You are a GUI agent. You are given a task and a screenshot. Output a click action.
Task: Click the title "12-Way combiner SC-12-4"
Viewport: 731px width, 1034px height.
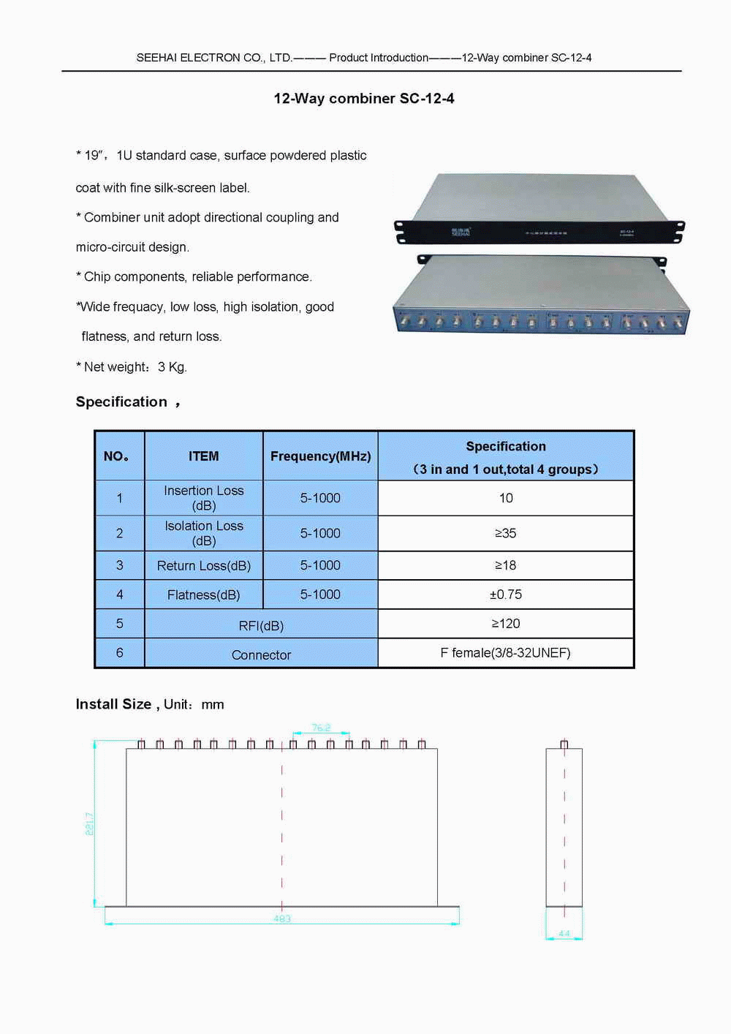[x=364, y=99]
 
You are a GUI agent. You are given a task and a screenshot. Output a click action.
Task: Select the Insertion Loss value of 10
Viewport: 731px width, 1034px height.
[x=506, y=498]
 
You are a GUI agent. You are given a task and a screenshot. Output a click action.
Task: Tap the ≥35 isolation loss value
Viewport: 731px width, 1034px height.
[x=506, y=533]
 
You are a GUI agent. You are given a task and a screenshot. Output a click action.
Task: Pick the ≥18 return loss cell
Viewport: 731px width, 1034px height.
[x=506, y=565]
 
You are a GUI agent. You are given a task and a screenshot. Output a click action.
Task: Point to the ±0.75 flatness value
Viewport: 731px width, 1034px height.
[x=506, y=595]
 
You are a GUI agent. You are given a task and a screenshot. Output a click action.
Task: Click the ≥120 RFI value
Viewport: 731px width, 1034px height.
[x=506, y=624]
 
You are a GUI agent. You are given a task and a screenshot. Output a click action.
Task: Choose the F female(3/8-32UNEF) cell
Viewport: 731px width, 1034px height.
[x=506, y=653]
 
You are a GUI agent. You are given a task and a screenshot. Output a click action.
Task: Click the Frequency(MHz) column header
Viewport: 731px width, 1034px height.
[x=320, y=456]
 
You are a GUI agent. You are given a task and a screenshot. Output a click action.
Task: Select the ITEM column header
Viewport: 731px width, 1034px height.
[x=203, y=456]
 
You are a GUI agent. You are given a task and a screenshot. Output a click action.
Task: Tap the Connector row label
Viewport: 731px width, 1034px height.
[x=261, y=655]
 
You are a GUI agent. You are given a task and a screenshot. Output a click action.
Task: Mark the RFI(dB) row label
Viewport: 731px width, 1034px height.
[x=261, y=626]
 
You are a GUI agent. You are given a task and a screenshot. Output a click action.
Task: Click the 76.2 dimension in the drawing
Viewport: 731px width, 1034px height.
[x=321, y=728]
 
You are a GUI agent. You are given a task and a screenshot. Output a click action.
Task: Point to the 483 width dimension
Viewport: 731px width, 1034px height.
[x=282, y=919]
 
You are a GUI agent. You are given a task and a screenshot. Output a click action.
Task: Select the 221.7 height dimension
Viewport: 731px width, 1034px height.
[x=90, y=823]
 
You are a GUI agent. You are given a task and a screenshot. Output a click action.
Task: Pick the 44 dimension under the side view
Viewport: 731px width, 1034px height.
[x=564, y=934]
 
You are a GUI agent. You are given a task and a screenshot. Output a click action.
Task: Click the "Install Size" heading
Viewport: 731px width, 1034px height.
[x=113, y=704]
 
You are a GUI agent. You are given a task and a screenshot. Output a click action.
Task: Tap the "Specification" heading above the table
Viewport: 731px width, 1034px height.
[x=121, y=402]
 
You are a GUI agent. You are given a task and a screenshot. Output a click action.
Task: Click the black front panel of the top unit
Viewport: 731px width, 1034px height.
[x=539, y=233]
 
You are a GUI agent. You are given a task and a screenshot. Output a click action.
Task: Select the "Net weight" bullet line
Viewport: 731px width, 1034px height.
[x=132, y=367]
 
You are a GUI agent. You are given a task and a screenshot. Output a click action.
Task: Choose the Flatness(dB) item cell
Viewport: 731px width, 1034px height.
[x=203, y=595]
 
